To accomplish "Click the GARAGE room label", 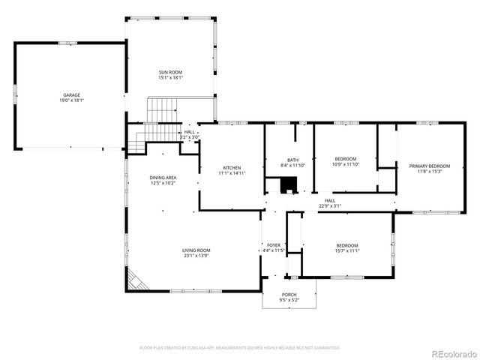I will pos(71,95).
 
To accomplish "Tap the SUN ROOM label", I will pos(170,72).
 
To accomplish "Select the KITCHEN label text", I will pos(232,167).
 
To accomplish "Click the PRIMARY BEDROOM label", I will pos(430,166).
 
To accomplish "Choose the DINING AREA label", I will pos(163,177).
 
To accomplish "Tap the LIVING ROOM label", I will pos(196,250).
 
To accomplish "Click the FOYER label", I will pos(274,245).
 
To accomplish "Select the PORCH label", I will pos(289,295).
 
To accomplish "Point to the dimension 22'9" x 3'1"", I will pos(330,205).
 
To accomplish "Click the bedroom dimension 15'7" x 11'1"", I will pos(347,250).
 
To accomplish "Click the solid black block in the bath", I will pos(286,185).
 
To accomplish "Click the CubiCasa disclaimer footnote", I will pos(240,348).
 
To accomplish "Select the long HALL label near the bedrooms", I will pos(330,200).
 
